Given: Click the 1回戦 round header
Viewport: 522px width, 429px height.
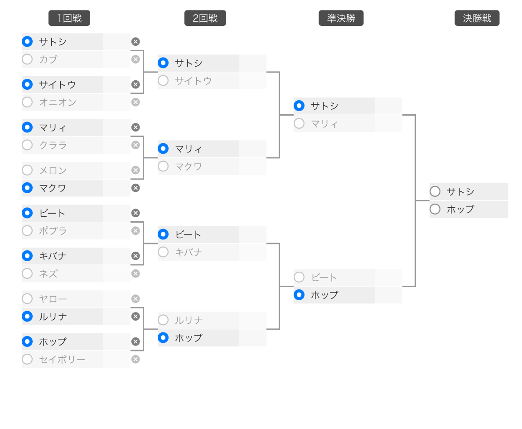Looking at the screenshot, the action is coord(69,18).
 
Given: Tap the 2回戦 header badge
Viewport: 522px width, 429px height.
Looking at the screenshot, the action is coord(205,18).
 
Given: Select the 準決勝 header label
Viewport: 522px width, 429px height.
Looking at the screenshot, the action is coord(341,18).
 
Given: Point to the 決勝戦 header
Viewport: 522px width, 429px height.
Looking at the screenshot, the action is coord(477,18).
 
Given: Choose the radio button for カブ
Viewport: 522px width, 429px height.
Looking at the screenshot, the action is coord(27,59).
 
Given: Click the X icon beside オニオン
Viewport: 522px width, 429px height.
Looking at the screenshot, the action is coord(135,102).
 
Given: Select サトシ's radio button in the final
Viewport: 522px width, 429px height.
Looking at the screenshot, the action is coord(435,191).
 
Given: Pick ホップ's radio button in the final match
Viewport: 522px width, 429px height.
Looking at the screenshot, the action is coord(435,209).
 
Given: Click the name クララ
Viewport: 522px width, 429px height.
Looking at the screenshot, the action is coord(53,145).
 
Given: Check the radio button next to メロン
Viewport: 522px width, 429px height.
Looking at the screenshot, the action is coord(27,170).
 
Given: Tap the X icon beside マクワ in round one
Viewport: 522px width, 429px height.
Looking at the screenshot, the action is coord(135,188).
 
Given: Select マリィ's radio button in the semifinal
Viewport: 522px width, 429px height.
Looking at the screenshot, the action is coord(299,123).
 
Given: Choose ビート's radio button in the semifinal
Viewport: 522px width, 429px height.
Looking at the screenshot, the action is coord(299,277).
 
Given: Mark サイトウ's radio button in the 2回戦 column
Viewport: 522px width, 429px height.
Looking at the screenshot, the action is coord(163,81).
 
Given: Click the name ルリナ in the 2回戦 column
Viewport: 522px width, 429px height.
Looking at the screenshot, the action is coord(189,321).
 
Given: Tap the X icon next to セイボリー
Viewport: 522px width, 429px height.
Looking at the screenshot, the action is coord(135,359).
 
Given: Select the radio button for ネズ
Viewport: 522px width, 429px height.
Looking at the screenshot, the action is coord(27,274).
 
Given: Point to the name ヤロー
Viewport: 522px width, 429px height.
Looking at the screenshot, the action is coord(53,299).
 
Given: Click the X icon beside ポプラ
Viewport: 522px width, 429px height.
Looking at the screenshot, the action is coord(135,231).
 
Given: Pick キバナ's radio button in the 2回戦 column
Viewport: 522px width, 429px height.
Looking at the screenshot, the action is coord(163,252).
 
